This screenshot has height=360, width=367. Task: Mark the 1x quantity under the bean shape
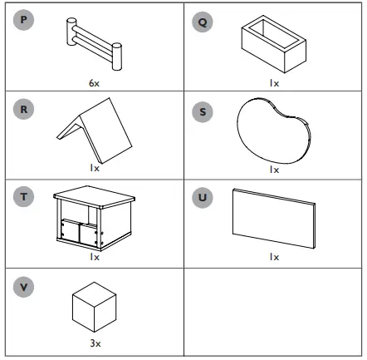(x=274, y=169)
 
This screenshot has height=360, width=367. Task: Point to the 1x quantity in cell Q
(x=274, y=84)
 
